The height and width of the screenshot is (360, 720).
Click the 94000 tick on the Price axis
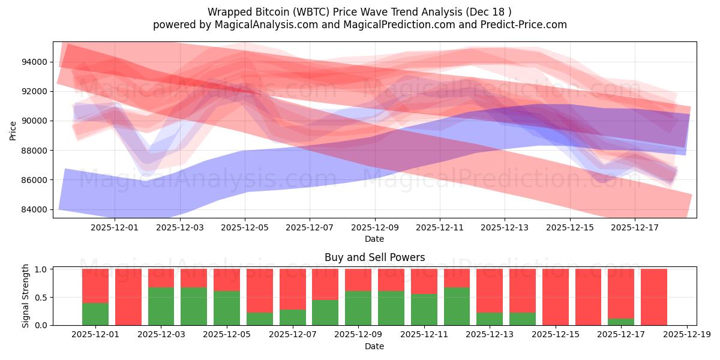(x=35, y=62)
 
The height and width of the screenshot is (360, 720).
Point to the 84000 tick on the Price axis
(x=35, y=209)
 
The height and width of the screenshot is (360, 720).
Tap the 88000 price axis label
(x=35, y=151)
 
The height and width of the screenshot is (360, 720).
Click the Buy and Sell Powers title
(x=374, y=257)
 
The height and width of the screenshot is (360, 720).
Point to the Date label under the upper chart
(x=374, y=239)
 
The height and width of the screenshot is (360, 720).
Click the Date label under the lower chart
(x=374, y=346)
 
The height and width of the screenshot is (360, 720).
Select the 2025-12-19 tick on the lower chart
(x=686, y=334)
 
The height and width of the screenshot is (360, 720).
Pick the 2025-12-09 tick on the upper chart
(x=375, y=227)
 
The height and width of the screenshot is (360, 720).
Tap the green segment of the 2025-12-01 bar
(x=95, y=314)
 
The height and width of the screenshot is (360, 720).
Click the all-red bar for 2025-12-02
(x=128, y=297)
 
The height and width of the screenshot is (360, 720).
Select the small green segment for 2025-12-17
(x=621, y=322)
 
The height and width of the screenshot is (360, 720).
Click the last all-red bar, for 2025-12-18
(x=654, y=297)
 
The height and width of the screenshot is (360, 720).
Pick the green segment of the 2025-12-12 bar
(x=457, y=307)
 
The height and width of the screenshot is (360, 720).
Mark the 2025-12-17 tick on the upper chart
(x=634, y=227)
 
